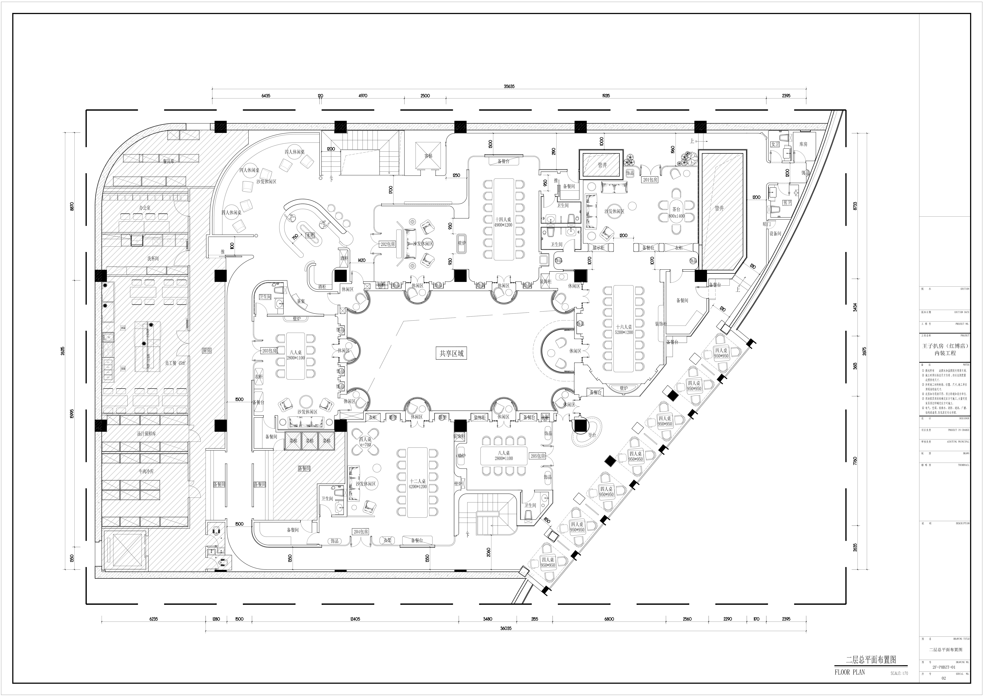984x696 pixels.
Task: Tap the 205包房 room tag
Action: tap(538, 456)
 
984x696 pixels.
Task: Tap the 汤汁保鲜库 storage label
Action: tap(146, 434)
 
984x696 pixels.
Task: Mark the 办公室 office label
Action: tap(144, 208)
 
